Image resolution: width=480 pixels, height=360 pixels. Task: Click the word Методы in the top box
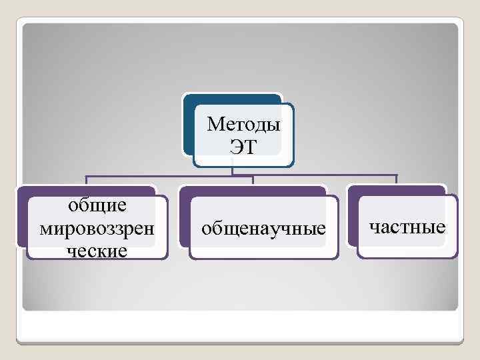pyautogui.click(x=243, y=125)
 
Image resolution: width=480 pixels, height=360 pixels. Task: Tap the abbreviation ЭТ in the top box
pyautogui.click(x=243, y=147)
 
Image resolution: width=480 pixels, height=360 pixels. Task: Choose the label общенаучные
pyautogui.click(x=264, y=229)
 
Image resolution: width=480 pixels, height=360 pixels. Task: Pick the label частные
pyautogui.click(x=407, y=227)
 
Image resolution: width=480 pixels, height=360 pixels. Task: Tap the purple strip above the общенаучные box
pyautogui.click(x=253, y=191)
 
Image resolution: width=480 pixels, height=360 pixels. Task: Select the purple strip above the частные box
pyautogui.click(x=397, y=190)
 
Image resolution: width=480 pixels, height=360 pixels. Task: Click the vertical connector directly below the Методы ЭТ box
pyautogui.click(x=232, y=171)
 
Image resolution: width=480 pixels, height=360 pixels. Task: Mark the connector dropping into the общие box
pyautogui.click(x=86, y=180)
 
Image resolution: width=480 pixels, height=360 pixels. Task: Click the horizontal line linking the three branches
pyautogui.click(x=167, y=175)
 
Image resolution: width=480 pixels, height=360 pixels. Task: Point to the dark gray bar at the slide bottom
pyautogui.click(x=240, y=342)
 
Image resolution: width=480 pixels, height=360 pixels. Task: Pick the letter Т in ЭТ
pyautogui.click(x=249, y=147)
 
